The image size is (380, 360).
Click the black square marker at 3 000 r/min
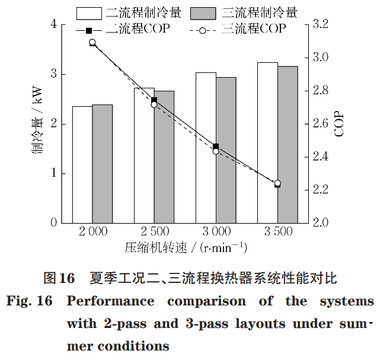(x=216, y=146)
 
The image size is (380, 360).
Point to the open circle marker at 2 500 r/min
(x=154, y=104)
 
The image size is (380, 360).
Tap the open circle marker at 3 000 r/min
(x=216, y=151)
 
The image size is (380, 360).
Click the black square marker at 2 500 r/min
(x=154, y=100)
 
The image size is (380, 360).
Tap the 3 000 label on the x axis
(x=215, y=231)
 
